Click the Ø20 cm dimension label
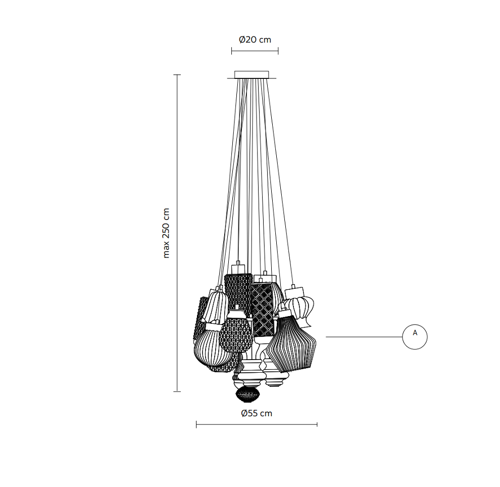(x=255, y=39)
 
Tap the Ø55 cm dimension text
(x=257, y=413)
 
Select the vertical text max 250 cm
(x=166, y=233)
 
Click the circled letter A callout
(x=415, y=337)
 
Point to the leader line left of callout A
(x=364, y=337)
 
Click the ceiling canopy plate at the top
(x=252, y=75)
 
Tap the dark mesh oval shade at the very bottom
(x=248, y=394)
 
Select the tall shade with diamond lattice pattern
(x=262, y=309)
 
